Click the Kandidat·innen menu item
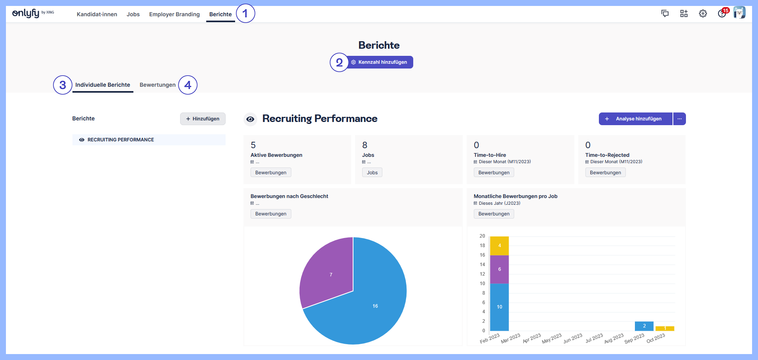97,14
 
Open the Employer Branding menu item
174,14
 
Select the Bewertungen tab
157,85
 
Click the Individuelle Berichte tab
103,85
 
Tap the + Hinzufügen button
203,119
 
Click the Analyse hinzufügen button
635,119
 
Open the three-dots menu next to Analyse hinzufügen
679,119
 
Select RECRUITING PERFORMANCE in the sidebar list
121,140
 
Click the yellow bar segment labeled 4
499,246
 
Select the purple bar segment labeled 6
499,269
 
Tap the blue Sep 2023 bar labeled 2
644,326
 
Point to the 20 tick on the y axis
482,236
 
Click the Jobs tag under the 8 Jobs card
372,173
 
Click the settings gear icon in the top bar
703,14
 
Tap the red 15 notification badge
726,11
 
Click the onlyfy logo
26,13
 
